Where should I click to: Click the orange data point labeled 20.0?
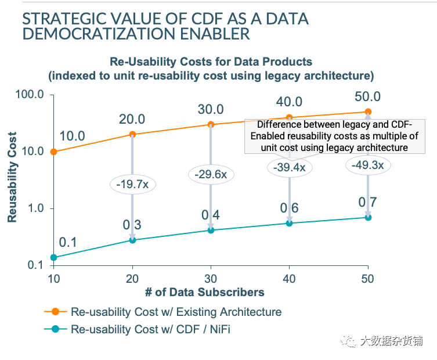click(x=132, y=134)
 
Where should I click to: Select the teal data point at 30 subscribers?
click(x=211, y=230)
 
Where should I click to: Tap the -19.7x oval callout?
click(x=132, y=185)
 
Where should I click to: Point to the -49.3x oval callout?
click(x=368, y=165)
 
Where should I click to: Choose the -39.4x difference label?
click(x=290, y=167)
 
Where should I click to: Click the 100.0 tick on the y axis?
click(x=32, y=95)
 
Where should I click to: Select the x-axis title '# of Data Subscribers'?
click(x=211, y=291)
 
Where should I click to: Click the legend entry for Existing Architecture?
click(x=176, y=312)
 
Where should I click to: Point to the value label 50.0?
click(x=367, y=96)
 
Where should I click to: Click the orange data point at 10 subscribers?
click(x=54, y=152)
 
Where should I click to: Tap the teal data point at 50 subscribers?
click(x=368, y=217)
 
